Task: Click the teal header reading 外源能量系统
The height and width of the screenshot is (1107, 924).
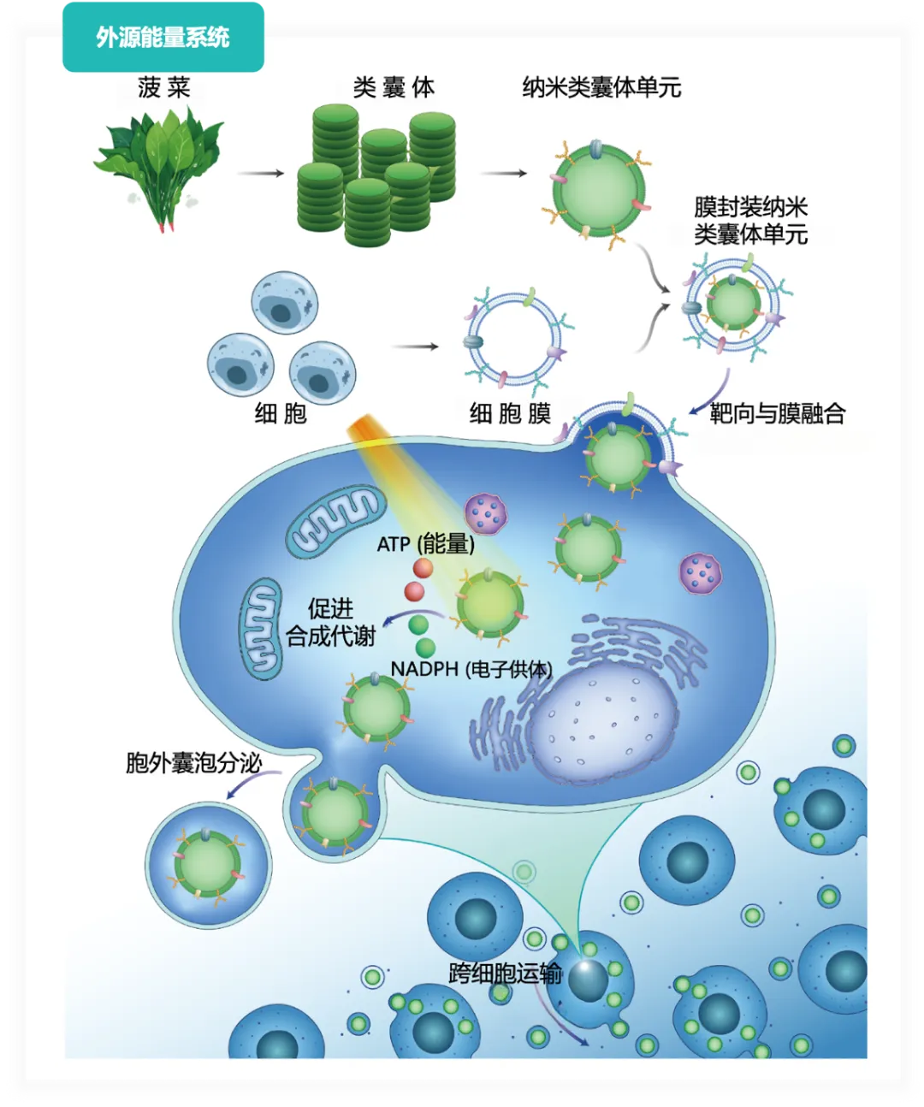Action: tap(163, 37)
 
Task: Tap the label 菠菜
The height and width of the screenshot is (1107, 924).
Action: tap(163, 87)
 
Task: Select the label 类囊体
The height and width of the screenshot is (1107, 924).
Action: tap(394, 87)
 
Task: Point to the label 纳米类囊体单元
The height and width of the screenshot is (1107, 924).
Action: tap(601, 87)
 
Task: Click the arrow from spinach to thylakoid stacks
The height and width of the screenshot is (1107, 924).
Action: tap(260, 173)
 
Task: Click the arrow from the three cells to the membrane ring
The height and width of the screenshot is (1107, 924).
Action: tap(415, 346)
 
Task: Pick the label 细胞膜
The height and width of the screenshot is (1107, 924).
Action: tap(510, 413)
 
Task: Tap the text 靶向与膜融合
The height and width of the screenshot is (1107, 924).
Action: tap(777, 413)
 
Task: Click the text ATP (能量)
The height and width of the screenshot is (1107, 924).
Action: tap(426, 544)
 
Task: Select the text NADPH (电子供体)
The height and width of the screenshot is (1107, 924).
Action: tap(471, 670)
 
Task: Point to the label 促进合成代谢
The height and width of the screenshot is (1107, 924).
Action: tap(331, 623)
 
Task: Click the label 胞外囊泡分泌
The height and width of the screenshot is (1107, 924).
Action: tap(193, 763)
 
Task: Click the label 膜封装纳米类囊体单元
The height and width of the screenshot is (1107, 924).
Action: tap(750, 221)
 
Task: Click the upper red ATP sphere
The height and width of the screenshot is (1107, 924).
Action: tap(423, 568)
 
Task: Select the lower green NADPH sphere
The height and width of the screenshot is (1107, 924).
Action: tap(425, 648)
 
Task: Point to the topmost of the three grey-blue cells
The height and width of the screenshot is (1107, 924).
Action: tap(285, 303)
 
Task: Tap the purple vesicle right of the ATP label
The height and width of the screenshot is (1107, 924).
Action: tap(486, 513)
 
